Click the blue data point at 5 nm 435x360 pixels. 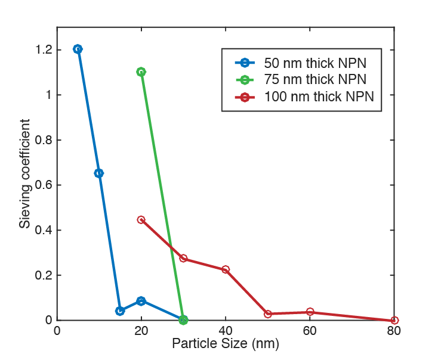(78, 49)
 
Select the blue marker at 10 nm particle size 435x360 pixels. (99, 173)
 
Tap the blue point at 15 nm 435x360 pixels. (120, 311)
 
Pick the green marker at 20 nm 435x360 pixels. (141, 72)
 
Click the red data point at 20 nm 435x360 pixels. (141, 219)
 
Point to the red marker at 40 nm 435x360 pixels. (226, 269)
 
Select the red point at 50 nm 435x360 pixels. (268, 314)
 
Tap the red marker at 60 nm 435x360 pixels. (310, 312)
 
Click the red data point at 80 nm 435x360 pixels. (394, 320)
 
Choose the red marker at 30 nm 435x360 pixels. (183, 259)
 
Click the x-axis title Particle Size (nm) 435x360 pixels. (226, 344)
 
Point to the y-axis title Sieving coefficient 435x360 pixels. (25, 173)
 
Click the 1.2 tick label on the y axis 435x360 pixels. (42, 49)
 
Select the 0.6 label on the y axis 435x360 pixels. (42, 185)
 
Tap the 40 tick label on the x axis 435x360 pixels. (226, 331)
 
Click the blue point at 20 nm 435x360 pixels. (141, 301)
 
